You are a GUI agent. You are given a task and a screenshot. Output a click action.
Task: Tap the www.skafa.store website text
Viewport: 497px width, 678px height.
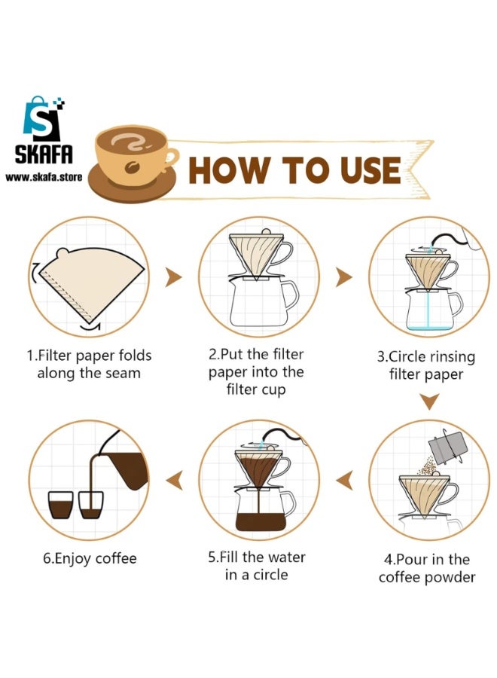44,177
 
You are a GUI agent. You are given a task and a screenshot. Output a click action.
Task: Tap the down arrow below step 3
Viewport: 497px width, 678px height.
428,402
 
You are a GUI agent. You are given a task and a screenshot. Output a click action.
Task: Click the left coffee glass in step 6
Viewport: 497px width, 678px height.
59,505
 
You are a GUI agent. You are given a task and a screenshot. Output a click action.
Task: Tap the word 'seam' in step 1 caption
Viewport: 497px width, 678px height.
122,373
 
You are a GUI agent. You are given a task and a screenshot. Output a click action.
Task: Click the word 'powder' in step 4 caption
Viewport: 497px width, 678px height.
450,578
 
